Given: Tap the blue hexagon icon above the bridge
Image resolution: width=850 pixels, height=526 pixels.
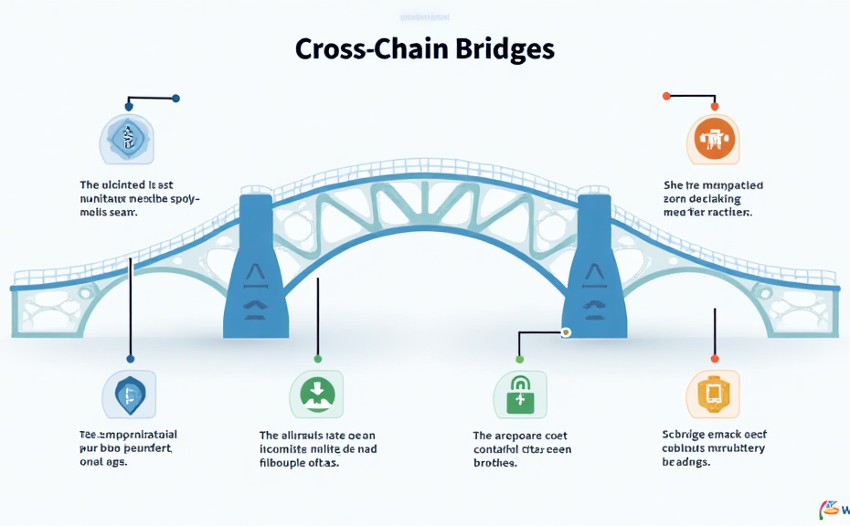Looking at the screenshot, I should pos(126,139).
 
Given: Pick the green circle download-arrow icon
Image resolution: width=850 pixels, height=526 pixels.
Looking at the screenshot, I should pos(316,394).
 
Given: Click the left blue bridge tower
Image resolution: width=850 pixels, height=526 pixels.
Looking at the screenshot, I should pos(257,265).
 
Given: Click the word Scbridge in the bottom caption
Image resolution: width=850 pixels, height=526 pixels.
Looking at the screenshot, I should pos(685,435).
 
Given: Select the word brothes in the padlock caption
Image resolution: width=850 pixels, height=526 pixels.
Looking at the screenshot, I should pos(494,463).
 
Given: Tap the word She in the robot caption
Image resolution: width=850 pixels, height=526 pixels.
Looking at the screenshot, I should pos(673,185).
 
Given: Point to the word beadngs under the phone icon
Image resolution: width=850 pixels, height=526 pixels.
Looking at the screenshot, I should pos(685,462).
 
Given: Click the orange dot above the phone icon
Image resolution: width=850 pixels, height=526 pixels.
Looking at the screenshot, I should pos(715,359).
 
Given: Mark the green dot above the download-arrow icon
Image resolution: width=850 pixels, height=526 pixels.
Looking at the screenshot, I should pos(317,359).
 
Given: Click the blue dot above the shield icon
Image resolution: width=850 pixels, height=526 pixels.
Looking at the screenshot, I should pos(131,359).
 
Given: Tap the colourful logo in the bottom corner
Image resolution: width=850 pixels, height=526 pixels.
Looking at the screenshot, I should pos(832,510).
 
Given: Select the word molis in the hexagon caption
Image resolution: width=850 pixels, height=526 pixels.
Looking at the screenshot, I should pos(94,212).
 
